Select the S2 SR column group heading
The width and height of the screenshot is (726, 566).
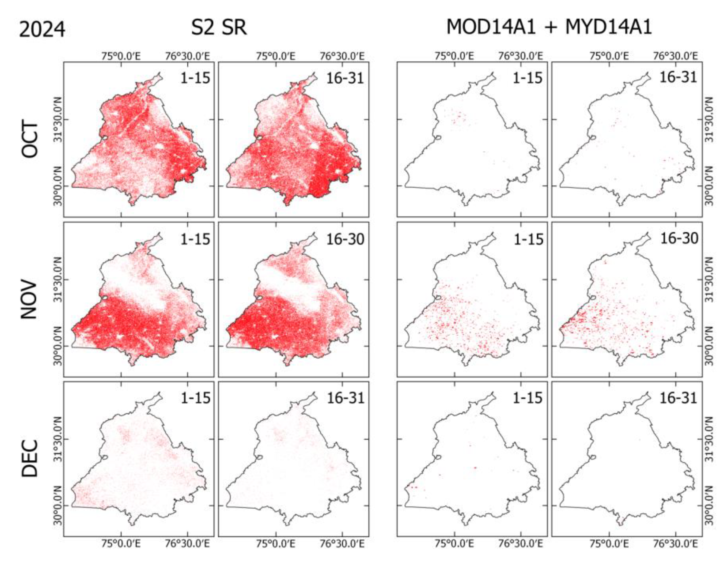(x=219, y=27)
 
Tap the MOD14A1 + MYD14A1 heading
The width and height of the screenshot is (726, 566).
(x=549, y=27)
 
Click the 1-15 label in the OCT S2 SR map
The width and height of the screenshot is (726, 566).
(x=195, y=78)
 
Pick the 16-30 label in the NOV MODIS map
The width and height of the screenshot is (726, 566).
(x=679, y=239)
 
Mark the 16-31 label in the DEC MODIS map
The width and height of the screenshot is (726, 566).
(x=678, y=398)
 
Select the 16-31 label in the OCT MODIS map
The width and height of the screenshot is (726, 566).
(x=678, y=78)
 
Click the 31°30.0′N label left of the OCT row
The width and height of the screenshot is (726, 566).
(x=58, y=119)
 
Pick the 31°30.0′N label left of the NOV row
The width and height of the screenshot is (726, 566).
(x=58, y=280)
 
